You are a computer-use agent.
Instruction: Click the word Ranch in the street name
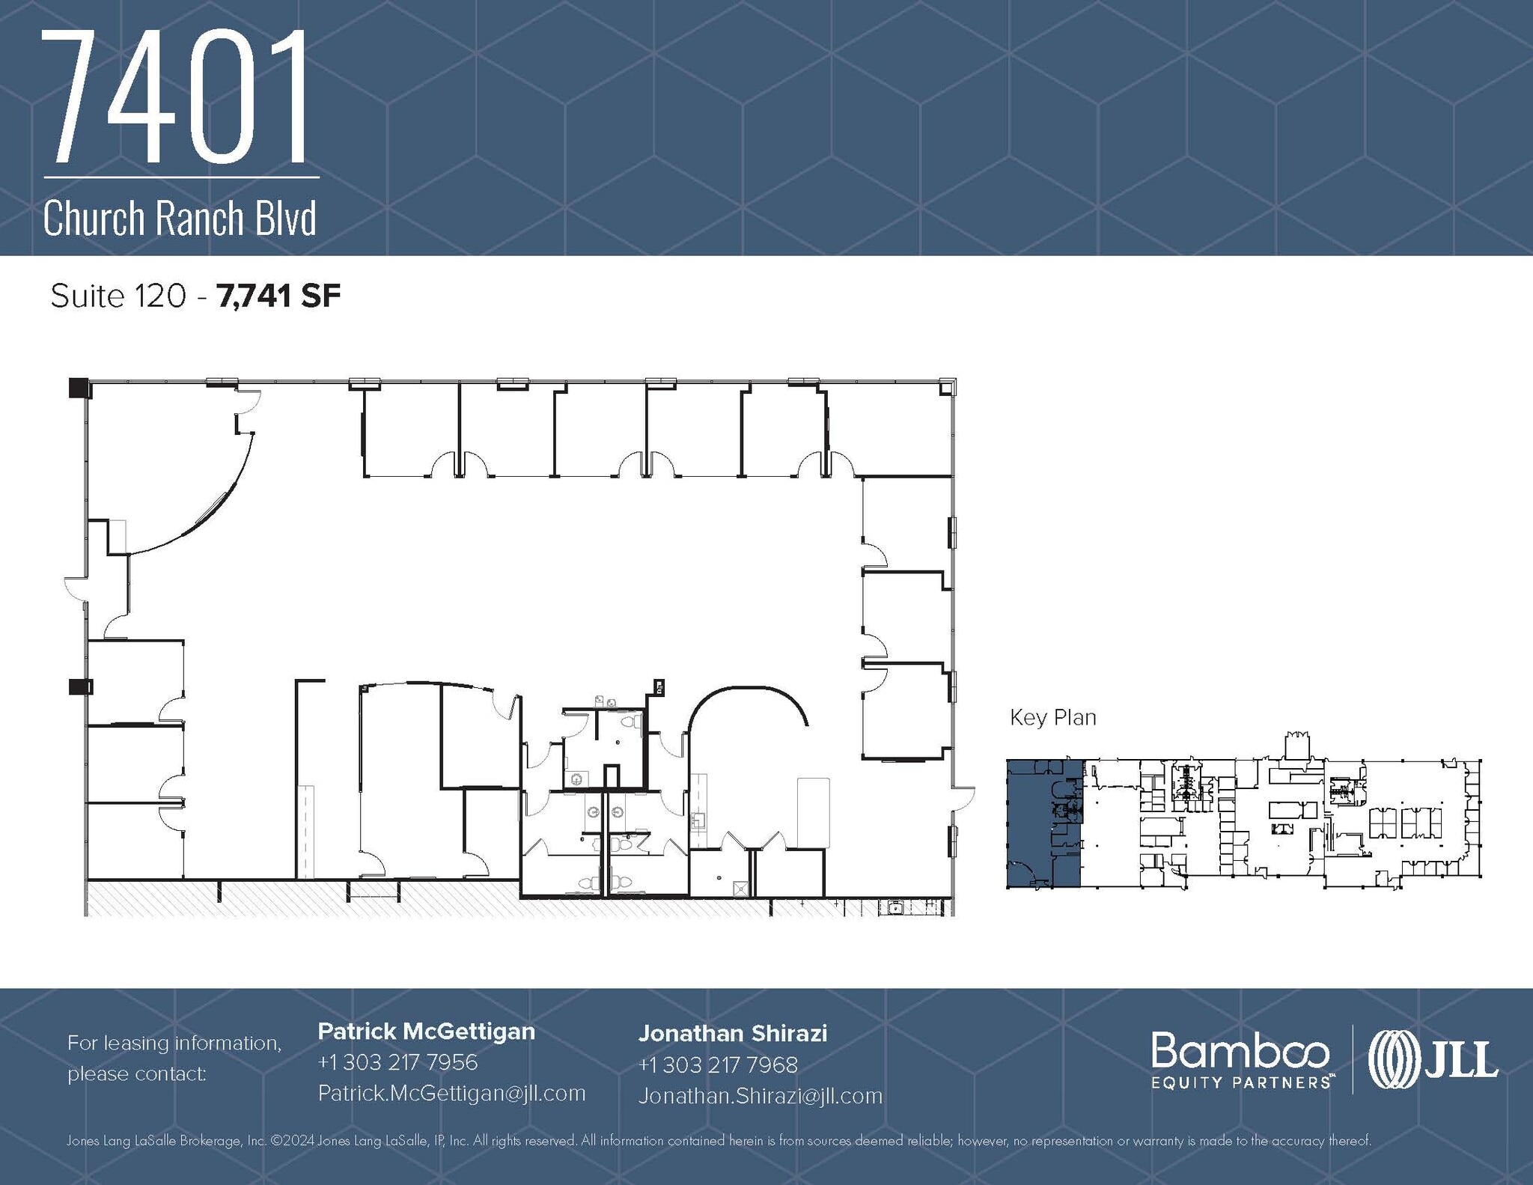200,219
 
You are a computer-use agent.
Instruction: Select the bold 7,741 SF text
278,296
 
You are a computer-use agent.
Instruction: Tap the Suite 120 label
118,296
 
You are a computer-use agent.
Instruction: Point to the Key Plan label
1052,718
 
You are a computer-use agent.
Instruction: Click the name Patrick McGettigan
426,1032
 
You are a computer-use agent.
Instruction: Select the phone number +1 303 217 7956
397,1062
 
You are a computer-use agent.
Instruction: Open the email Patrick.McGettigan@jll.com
451,1093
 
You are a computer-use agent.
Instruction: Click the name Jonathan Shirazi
732,1034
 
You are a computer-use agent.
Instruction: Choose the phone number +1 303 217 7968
718,1064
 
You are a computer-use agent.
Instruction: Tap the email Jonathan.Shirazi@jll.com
760,1096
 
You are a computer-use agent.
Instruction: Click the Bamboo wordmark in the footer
1240,1050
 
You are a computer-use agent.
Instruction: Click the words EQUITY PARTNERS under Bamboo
1240,1082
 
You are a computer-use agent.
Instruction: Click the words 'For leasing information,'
174,1043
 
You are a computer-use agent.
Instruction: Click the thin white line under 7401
181,177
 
